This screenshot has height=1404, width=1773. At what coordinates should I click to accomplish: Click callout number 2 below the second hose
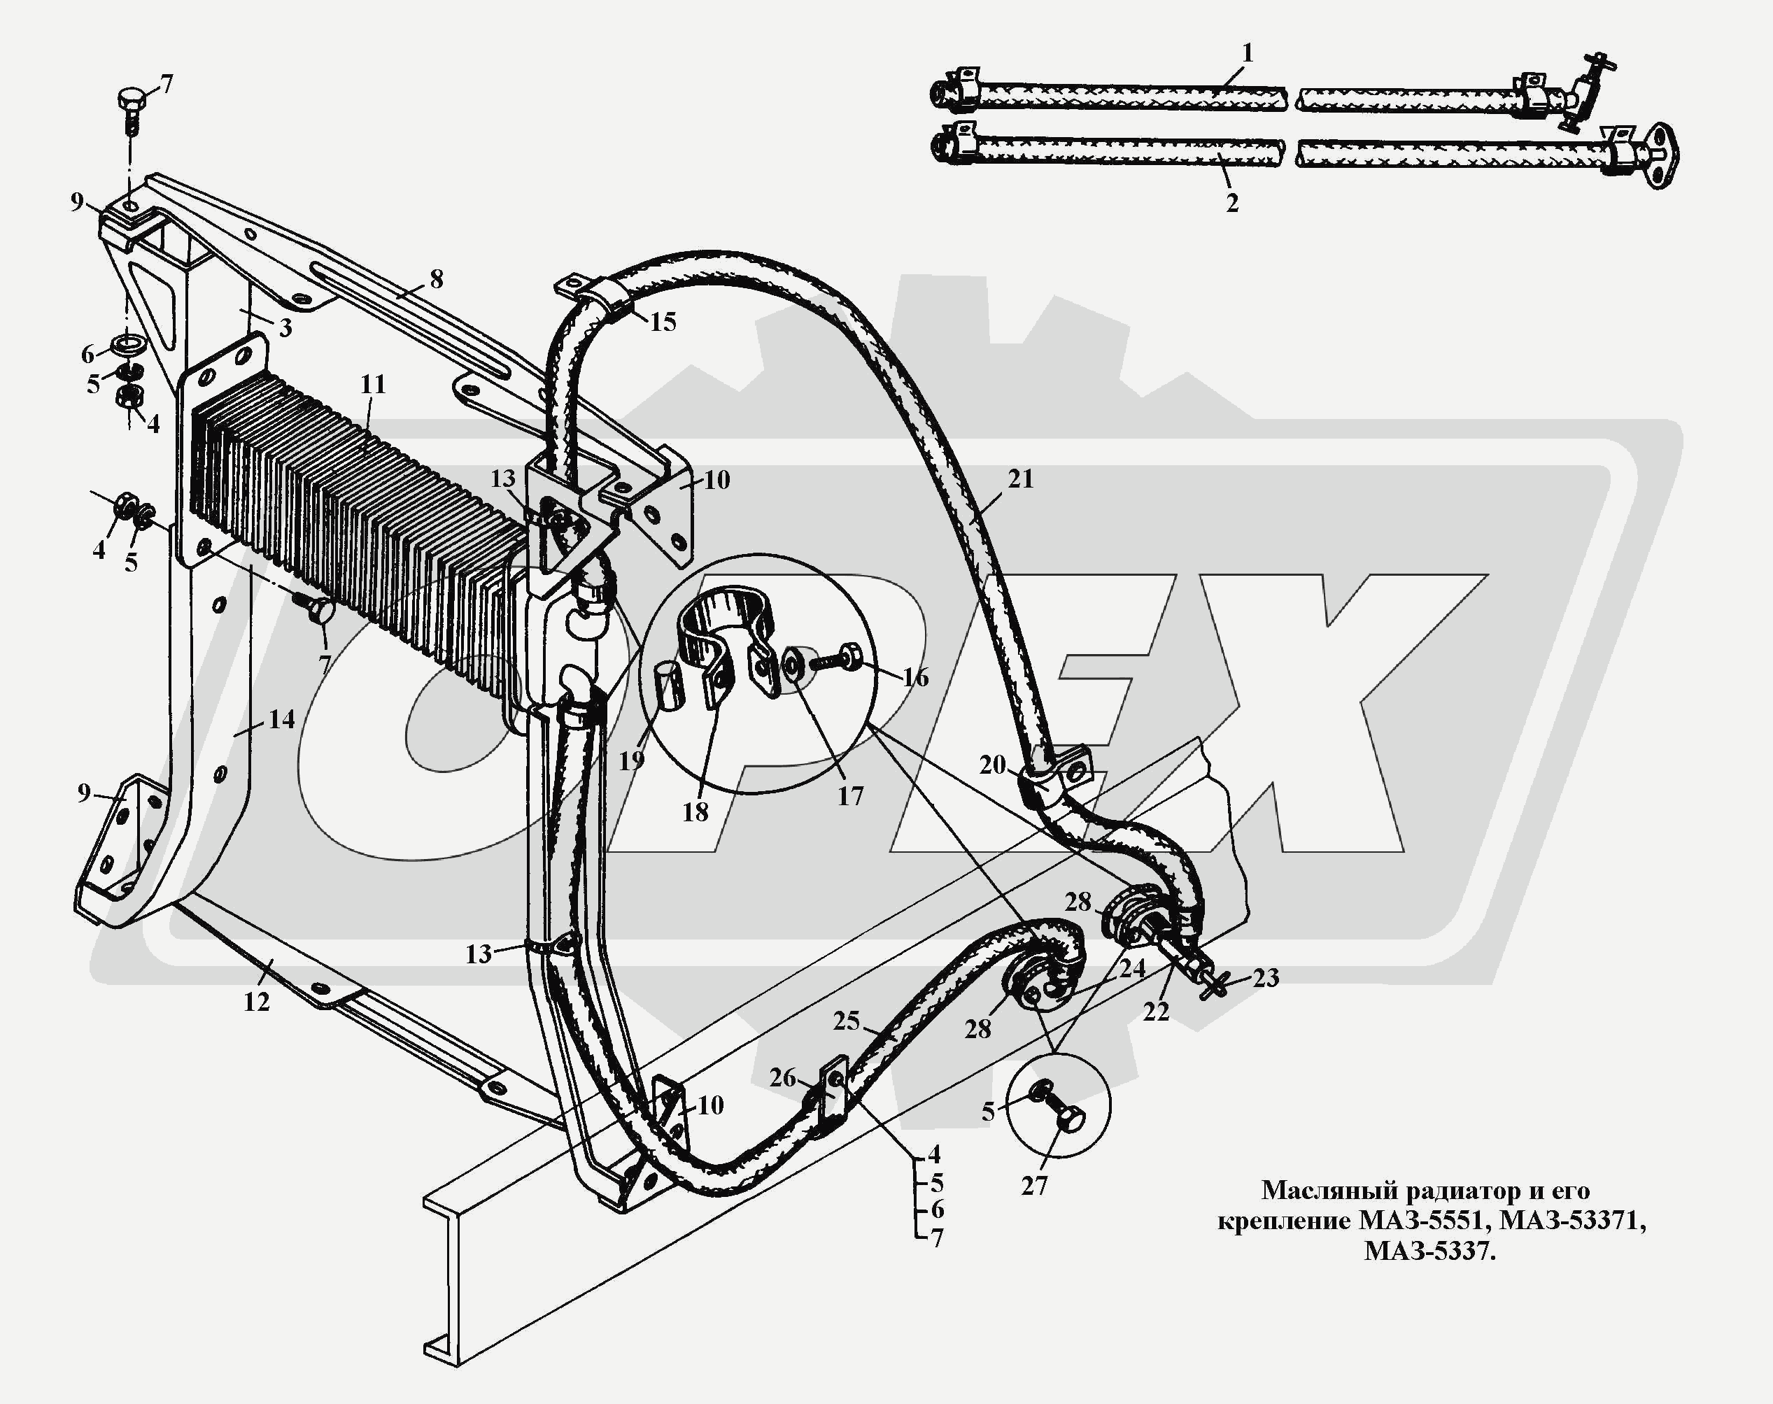(x=1232, y=203)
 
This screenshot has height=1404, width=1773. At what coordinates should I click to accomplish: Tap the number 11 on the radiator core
(x=372, y=384)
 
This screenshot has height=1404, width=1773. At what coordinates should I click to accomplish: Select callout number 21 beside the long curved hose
(x=1020, y=478)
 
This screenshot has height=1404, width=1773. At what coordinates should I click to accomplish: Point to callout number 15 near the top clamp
(x=663, y=321)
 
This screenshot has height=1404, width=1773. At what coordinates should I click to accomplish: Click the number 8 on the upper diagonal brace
(x=436, y=280)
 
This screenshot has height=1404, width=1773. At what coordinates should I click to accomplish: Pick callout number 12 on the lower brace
(x=257, y=1001)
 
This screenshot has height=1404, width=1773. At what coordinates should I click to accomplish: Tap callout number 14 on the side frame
(x=281, y=719)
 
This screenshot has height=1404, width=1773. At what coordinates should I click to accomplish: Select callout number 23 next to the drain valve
(x=1266, y=978)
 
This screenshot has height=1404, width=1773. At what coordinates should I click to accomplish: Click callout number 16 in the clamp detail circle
(x=915, y=677)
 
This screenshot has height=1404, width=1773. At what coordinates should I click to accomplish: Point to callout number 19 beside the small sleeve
(x=630, y=761)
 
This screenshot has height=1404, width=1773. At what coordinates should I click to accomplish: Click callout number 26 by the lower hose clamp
(x=782, y=1078)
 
